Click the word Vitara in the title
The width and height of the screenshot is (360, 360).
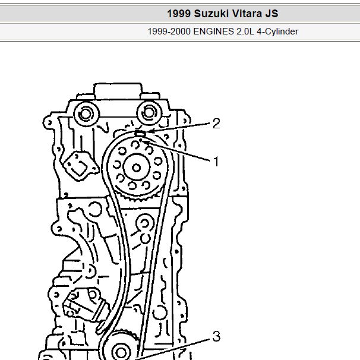tap(247, 14)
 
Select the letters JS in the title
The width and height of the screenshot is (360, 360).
tap(272, 14)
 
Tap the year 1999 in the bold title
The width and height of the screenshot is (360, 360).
tap(179, 14)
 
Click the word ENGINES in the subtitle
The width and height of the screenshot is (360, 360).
tap(212, 31)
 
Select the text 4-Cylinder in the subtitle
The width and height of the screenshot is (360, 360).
tap(277, 31)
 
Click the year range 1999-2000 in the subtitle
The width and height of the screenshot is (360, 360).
tap(169, 31)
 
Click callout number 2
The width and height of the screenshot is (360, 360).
tap(216, 124)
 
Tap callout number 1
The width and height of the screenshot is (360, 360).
tap(216, 162)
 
